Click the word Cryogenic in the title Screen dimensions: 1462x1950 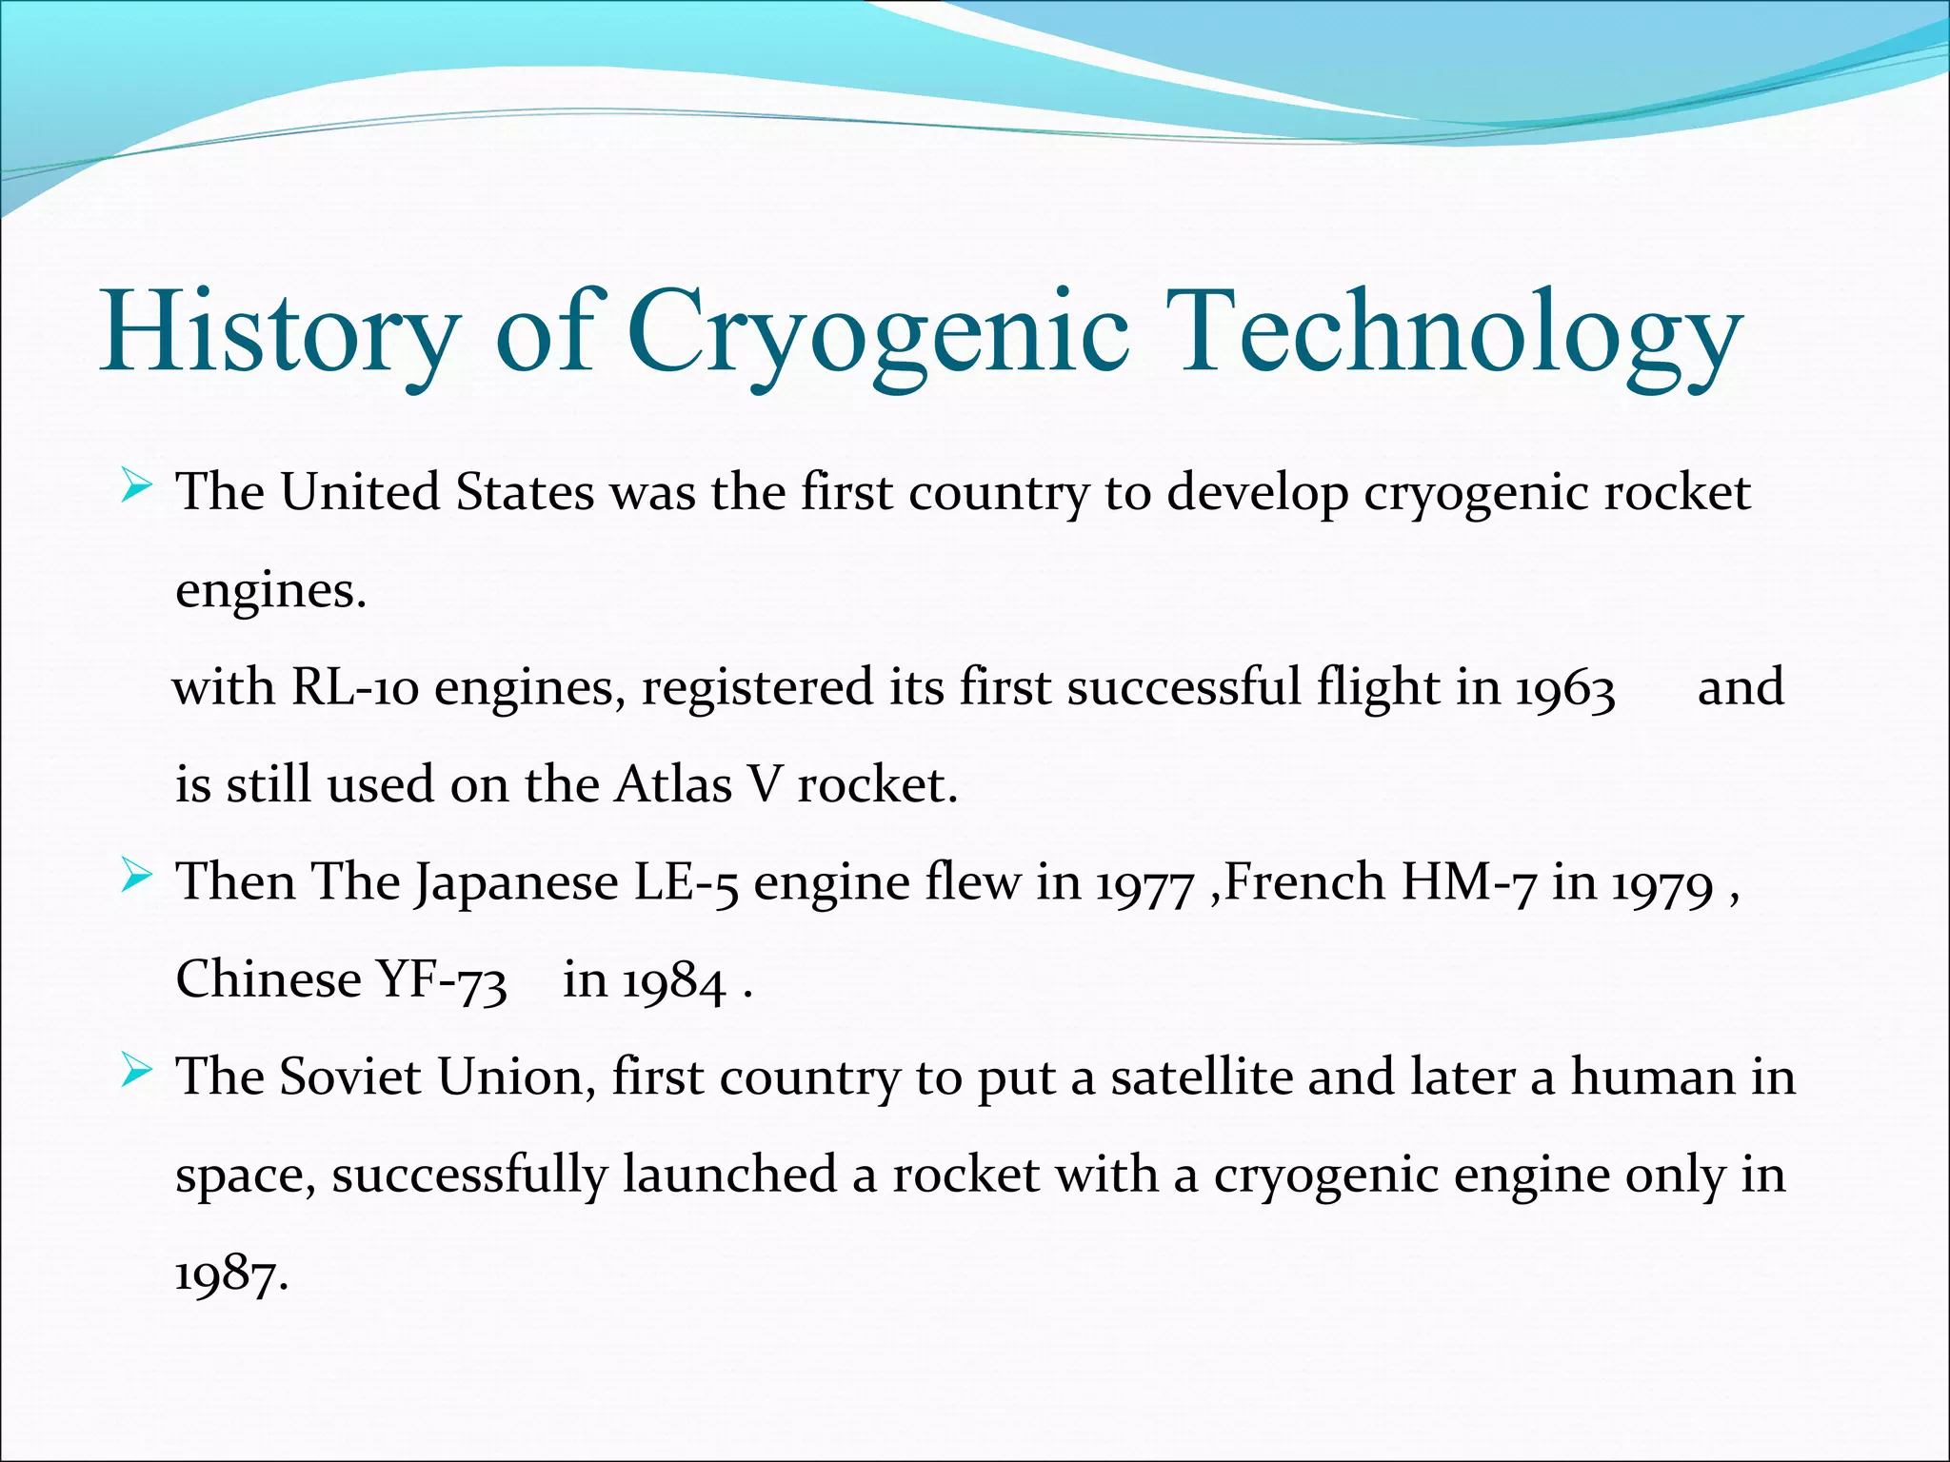click(x=878, y=333)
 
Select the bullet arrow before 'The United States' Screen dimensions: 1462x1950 click(x=136, y=490)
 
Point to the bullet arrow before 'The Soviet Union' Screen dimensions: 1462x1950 click(x=136, y=1075)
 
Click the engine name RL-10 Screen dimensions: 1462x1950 click(x=354, y=687)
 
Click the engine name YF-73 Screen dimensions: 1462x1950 click(x=442, y=980)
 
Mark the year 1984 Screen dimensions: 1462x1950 click(x=674, y=982)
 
